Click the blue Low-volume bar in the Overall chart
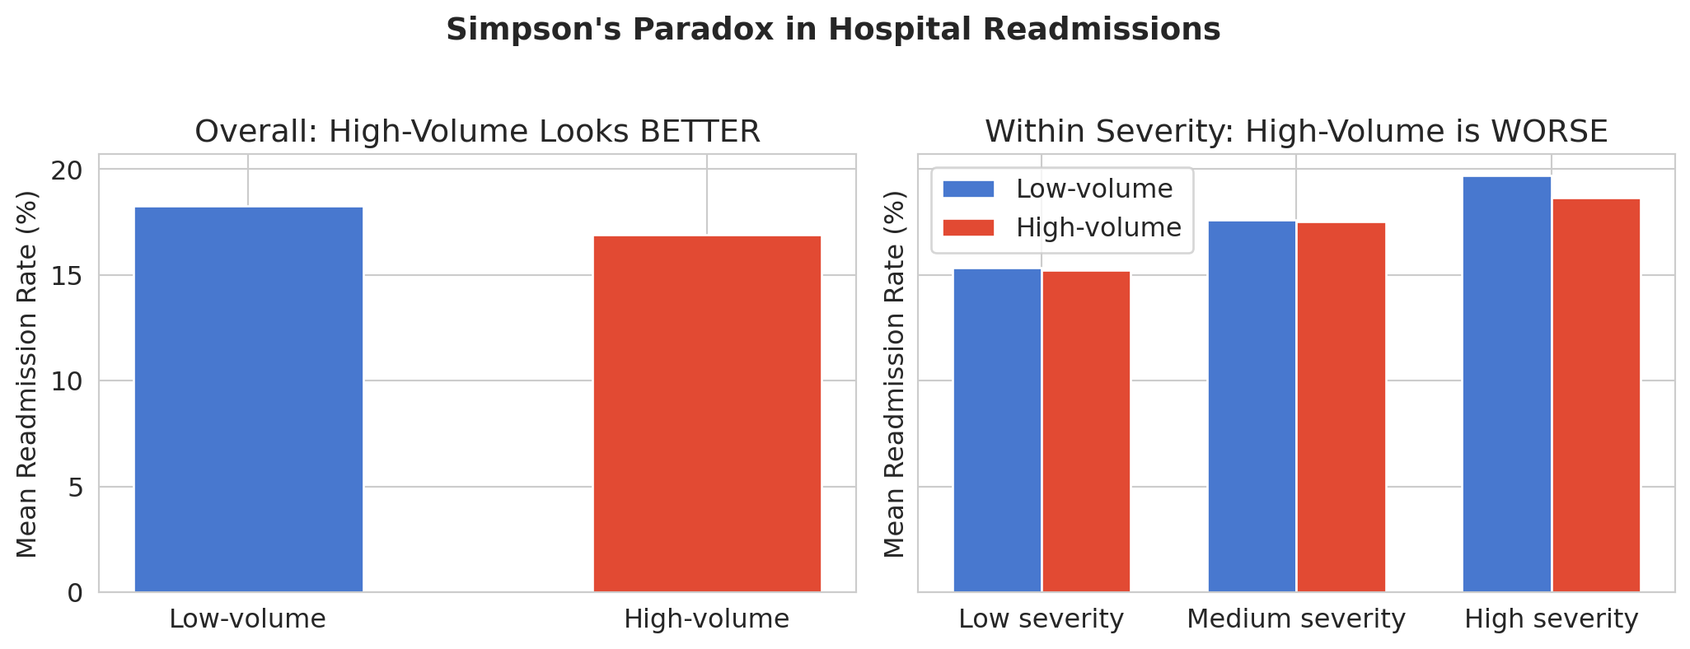(x=248, y=399)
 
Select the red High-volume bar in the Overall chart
(x=707, y=413)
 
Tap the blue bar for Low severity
(x=997, y=430)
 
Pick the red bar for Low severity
(x=1086, y=432)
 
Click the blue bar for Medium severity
(x=1252, y=406)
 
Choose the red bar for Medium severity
(x=1341, y=407)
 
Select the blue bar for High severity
(x=1506, y=384)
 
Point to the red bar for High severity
(x=1596, y=395)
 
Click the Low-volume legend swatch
(x=969, y=189)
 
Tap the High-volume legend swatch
(x=969, y=228)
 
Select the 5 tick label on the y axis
(x=76, y=488)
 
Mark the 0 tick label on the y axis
(x=76, y=593)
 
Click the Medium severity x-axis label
(x=1295, y=619)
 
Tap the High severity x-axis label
(x=1551, y=619)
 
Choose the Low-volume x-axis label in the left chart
(x=247, y=619)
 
